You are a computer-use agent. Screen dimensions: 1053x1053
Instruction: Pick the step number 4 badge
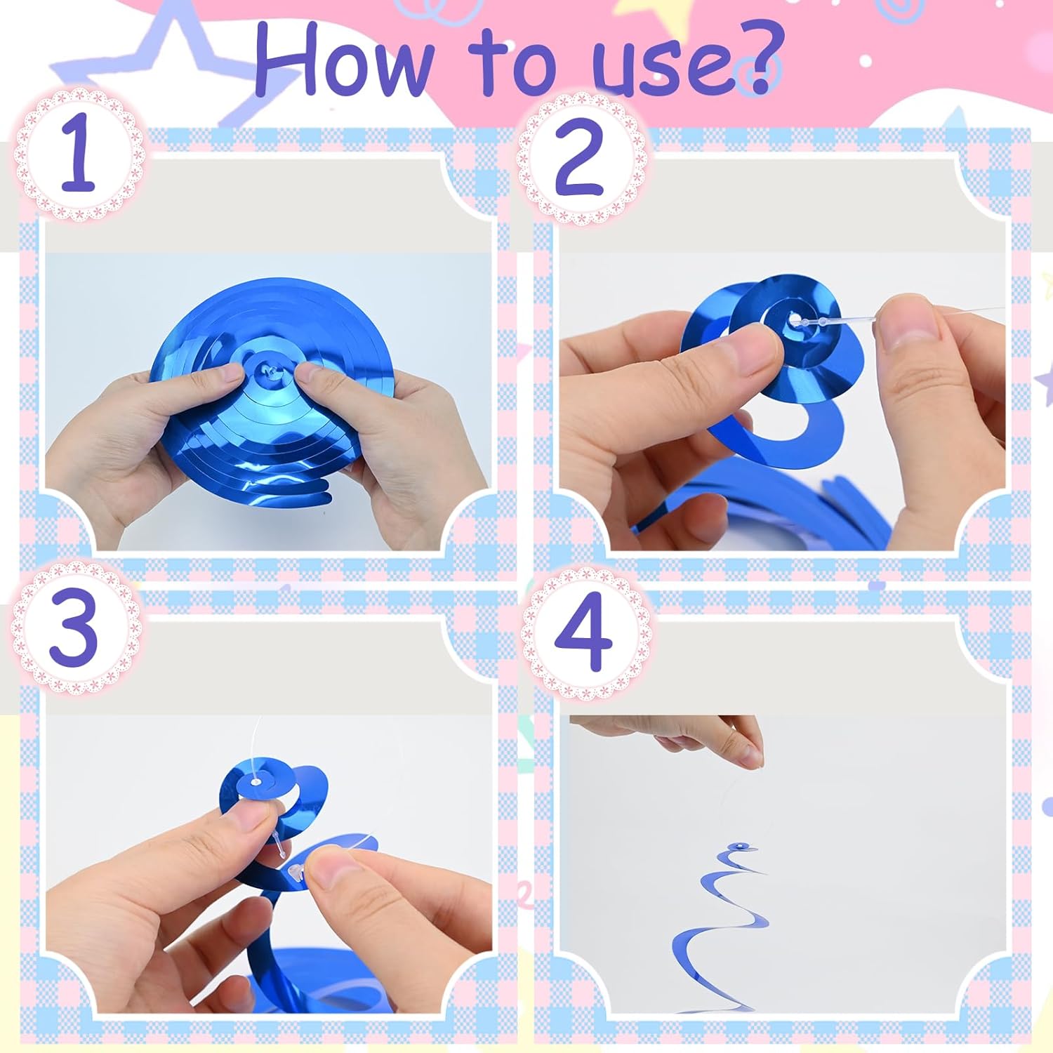[584, 630]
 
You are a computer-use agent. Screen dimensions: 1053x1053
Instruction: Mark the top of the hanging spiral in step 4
[739, 848]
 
